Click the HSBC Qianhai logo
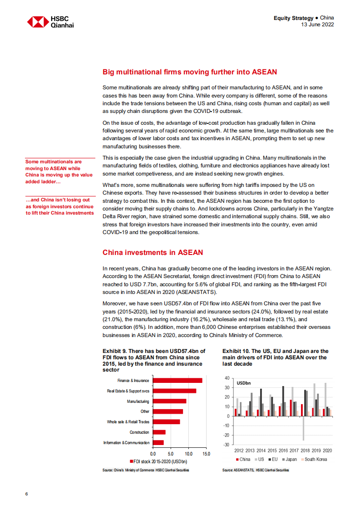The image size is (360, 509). click(50, 22)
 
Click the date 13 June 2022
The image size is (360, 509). click(318, 24)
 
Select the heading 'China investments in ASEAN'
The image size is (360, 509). click(153, 252)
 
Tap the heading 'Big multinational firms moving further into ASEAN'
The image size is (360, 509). click(190, 72)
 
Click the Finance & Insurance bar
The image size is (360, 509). click(178, 380)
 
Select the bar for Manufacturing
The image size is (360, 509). click(169, 401)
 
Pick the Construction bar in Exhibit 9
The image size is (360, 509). click(159, 432)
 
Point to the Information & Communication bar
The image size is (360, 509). click(158, 442)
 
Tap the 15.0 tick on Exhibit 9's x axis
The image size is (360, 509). click(206, 453)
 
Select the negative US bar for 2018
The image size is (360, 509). click(304, 428)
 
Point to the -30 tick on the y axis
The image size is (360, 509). click(227, 445)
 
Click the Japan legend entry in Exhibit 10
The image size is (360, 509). click(289, 459)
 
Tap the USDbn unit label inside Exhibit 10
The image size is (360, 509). click(244, 383)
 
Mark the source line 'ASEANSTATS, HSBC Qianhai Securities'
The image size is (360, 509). click(255, 470)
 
